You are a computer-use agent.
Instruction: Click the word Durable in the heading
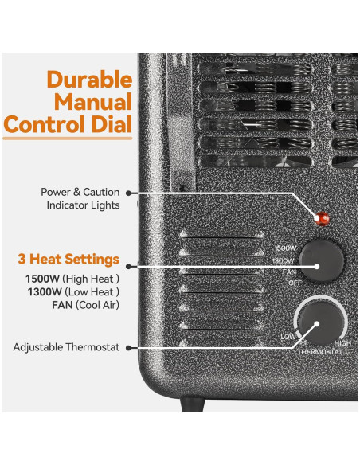pyautogui.click(x=88, y=80)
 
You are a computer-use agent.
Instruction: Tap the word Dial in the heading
pyautogui.click(x=112, y=124)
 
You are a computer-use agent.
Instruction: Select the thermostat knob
pyautogui.click(x=311, y=328)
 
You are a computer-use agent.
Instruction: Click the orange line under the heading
pyautogui.click(x=67, y=140)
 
